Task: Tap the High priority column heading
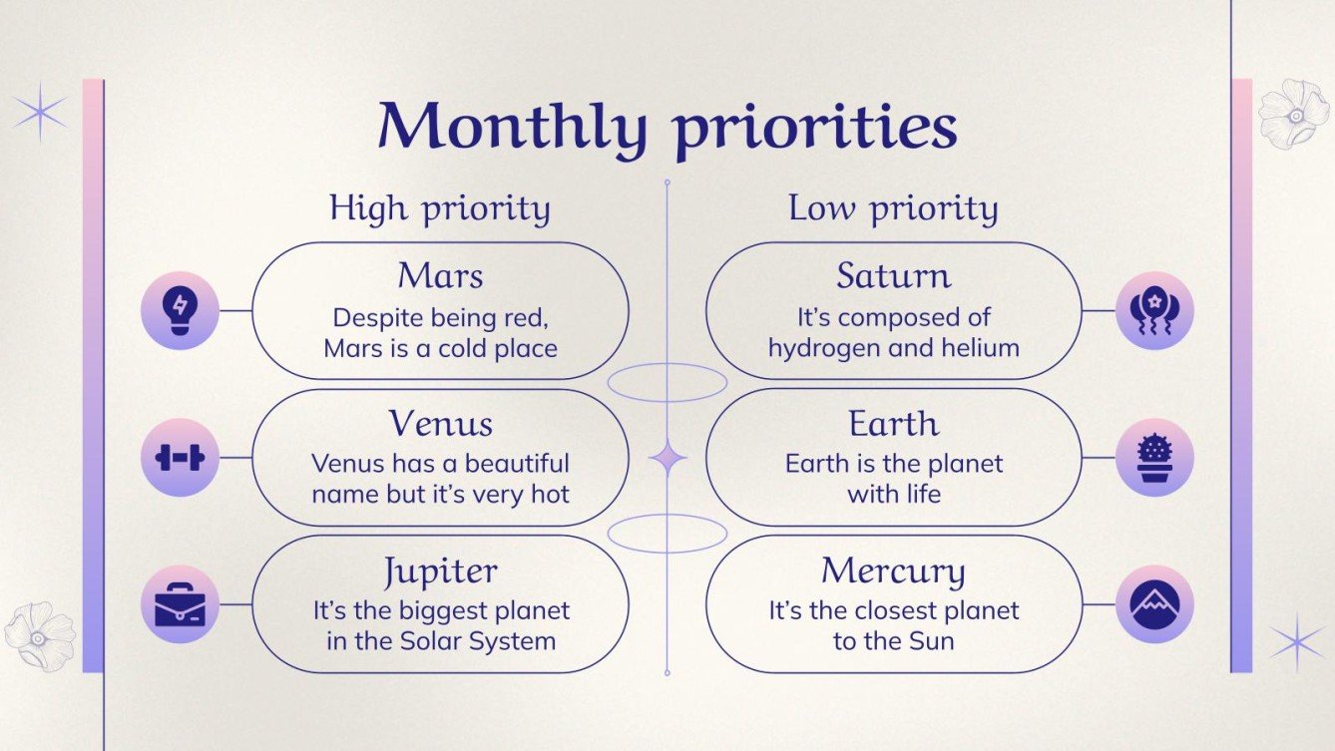click(x=440, y=208)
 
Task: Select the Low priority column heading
click(x=893, y=208)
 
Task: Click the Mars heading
click(x=440, y=275)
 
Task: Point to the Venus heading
click(x=440, y=423)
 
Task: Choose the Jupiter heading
click(x=440, y=571)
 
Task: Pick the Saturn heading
click(x=893, y=275)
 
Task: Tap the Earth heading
click(x=893, y=423)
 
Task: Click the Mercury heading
click(x=893, y=571)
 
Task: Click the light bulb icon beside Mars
click(x=180, y=310)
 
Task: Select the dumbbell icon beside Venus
click(x=180, y=458)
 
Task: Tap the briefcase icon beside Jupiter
click(x=180, y=604)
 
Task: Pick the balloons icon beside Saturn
click(x=1154, y=310)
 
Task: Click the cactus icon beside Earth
click(x=1154, y=458)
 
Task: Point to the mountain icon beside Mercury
click(x=1154, y=604)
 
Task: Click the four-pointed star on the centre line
click(x=667, y=458)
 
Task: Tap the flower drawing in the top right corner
click(x=1293, y=114)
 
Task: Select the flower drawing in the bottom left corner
click(x=40, y=635)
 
